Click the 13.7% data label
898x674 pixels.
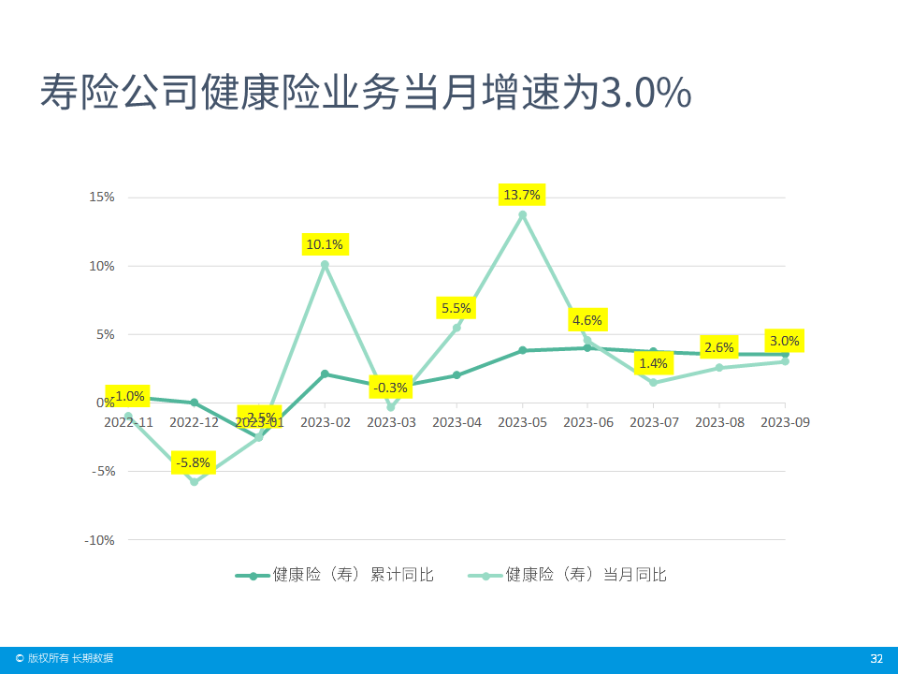[x=522, y=195]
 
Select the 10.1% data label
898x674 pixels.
[x=325, y=245]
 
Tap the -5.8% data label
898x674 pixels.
[x=195, y=462]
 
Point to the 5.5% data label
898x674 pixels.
[x=456, y=307]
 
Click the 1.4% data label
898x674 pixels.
[x=653, y=363]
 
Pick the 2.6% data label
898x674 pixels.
[x=718, y=347]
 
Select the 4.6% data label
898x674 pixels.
[x=587, y=320]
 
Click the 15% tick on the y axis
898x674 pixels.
[x=102, y=198]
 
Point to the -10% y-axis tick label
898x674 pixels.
[x=99, y=540]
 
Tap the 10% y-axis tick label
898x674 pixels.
[x=102, y=266]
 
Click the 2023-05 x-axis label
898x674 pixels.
[x=522, y=422]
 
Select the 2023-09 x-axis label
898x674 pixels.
[x=785, y=422]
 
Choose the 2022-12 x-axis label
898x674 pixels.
[x=194, y=422]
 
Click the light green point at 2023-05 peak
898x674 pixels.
[x=522, y=215]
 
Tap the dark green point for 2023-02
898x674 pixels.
[x=325, y=374]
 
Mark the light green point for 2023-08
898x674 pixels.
[x=719, y=368]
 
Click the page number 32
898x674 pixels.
[x=876, y=659]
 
